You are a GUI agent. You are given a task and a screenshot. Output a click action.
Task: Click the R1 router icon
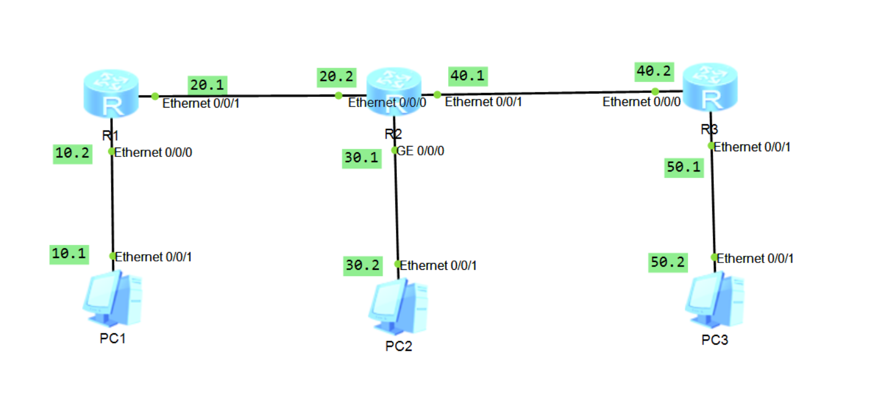[x=111, y=94]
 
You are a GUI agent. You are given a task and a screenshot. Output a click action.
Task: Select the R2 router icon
[x=393, y=90]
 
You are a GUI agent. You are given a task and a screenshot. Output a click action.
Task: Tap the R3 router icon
[x=710, y=87]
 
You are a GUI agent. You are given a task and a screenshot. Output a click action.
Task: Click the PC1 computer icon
[x=113, y=298]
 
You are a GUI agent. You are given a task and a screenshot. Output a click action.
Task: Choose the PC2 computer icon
[x=399, y=307]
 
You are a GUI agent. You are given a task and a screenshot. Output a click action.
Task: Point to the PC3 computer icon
[x=715, y=300]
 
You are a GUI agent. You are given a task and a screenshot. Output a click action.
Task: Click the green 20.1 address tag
[x=207, y=85]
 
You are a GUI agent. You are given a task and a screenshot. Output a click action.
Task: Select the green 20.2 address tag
[x=337, y=77]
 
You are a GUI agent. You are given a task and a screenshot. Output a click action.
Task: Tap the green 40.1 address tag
[x=468, y=76]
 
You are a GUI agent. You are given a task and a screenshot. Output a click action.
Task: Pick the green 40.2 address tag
[x=654, y=71]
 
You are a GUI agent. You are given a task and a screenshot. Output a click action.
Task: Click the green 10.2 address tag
[x=72, y=153]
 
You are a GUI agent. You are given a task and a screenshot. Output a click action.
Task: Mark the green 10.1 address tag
[x=69, y=254]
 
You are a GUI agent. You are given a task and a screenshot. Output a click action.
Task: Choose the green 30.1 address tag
[x=362, y=158]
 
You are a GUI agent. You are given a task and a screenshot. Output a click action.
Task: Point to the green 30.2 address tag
[x=363, y=266]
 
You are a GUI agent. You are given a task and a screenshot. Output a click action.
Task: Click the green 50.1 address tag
[x=684, y=167]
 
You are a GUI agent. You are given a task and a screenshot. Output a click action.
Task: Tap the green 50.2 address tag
[x=668, y=262]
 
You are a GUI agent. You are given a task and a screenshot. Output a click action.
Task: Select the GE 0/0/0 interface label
[x=420, y=151]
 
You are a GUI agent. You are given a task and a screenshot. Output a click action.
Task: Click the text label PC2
[x=399, y=346]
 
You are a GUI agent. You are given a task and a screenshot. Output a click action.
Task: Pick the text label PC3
[x=714, y=340]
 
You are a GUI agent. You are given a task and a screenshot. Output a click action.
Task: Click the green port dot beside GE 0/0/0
[x=394, y=150]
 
